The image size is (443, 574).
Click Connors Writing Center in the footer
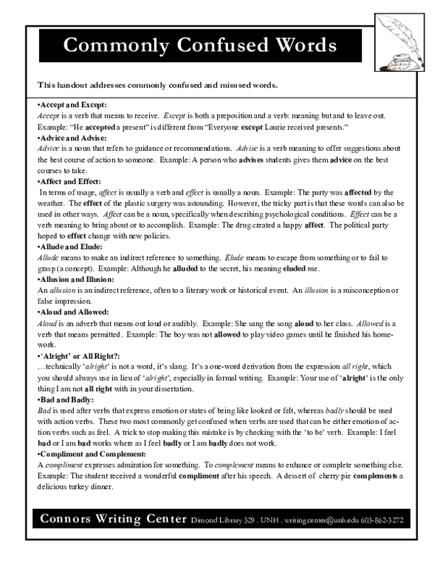pyautogui.click(x=112, y=519)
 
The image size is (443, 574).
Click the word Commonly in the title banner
pyautogui.click(x=109, y=45)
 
